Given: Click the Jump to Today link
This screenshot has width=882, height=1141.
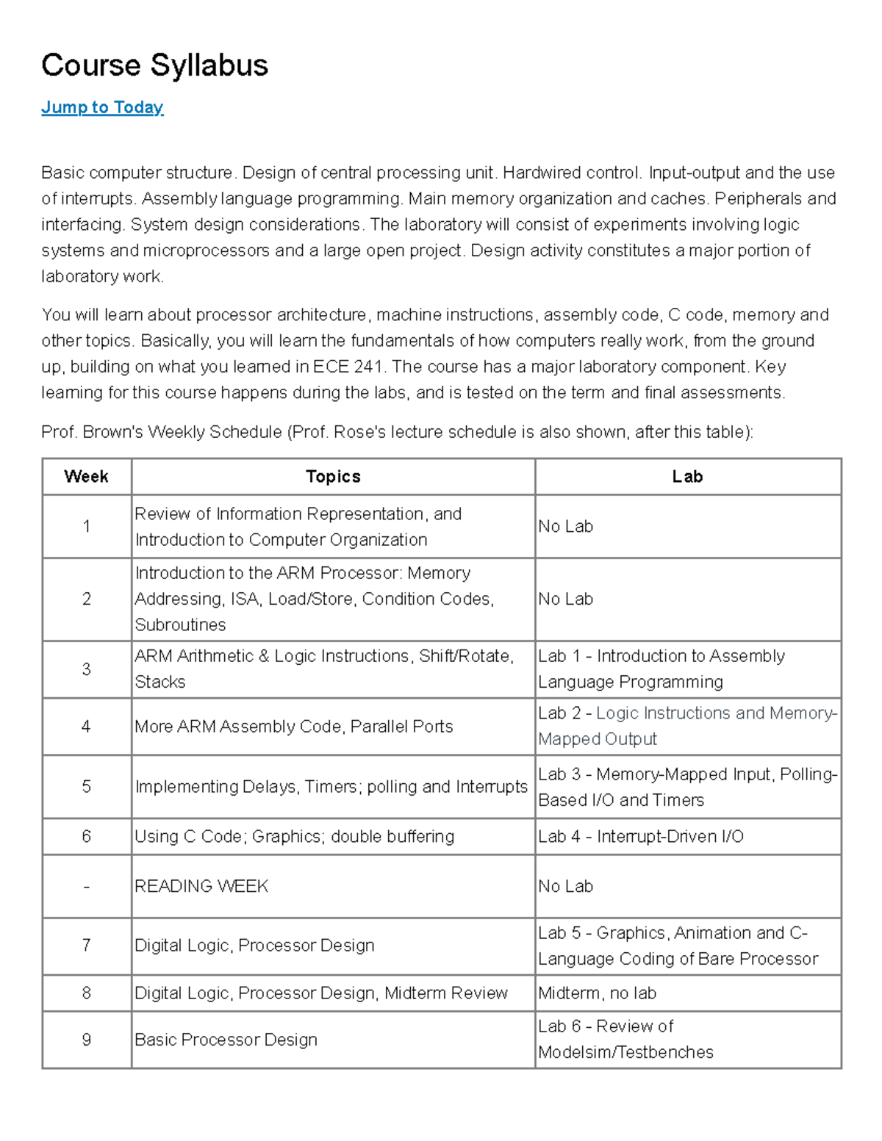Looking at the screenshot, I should [102, 107].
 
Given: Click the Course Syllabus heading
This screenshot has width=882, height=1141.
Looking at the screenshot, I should [154, 65].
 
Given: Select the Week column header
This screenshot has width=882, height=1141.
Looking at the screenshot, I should [86, 477].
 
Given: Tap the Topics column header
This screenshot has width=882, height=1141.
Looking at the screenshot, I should [333, 477].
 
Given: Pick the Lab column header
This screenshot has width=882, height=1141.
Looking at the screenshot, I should [687, 477].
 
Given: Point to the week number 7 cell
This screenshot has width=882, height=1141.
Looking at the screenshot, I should [86, 945].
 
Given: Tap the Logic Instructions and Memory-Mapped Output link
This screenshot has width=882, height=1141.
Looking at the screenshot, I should [716, 713].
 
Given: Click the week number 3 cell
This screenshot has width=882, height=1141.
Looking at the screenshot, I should [86, 669].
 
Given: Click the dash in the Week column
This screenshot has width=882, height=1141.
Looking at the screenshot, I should [86, 887].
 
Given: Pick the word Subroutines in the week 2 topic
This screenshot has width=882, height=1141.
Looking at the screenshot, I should [180, 625].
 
